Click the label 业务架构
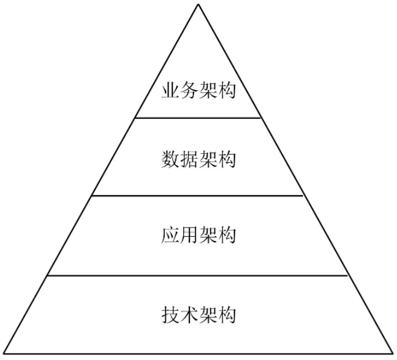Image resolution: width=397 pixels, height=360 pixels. pos(198,93)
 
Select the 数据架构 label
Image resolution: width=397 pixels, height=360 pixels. pos(198,160)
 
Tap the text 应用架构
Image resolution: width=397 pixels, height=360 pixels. pos(198,236)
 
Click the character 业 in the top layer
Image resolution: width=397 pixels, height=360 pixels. pos(170,93)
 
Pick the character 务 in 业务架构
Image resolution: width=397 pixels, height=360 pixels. pos(189,93)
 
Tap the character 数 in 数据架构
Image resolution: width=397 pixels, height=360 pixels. pos(170,160)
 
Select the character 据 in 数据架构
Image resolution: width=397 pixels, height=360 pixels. pos(189,160)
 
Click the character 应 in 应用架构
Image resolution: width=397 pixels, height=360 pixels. pos(170,236)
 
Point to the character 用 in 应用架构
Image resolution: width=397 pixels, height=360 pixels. pos(189,236)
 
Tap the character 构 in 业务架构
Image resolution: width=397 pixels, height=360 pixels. pos(227,93)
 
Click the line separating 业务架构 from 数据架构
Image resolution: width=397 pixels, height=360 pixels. pos(198,117)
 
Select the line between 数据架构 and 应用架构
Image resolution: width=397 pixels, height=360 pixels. pos(198,196)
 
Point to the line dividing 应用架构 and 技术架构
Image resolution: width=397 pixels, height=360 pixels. pos(198,275)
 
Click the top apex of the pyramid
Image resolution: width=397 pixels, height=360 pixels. pos(198,4)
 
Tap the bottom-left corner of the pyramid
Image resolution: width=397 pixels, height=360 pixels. pos(4,354)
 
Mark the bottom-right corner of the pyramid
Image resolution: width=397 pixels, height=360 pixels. pos(393,354)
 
